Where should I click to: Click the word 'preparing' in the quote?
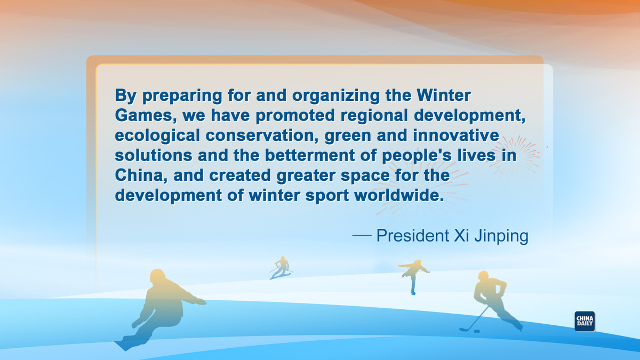182,96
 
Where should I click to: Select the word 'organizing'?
336,96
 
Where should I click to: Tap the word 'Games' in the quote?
146,115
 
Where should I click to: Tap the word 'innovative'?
456,135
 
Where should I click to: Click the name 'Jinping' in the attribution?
501,236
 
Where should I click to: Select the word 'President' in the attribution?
413,236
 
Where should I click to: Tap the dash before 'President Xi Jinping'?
362,235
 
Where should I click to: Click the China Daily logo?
585,322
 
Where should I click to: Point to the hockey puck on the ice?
477,331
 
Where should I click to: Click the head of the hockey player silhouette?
483,276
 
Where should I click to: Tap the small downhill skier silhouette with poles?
282,267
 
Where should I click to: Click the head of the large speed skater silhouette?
158,277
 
